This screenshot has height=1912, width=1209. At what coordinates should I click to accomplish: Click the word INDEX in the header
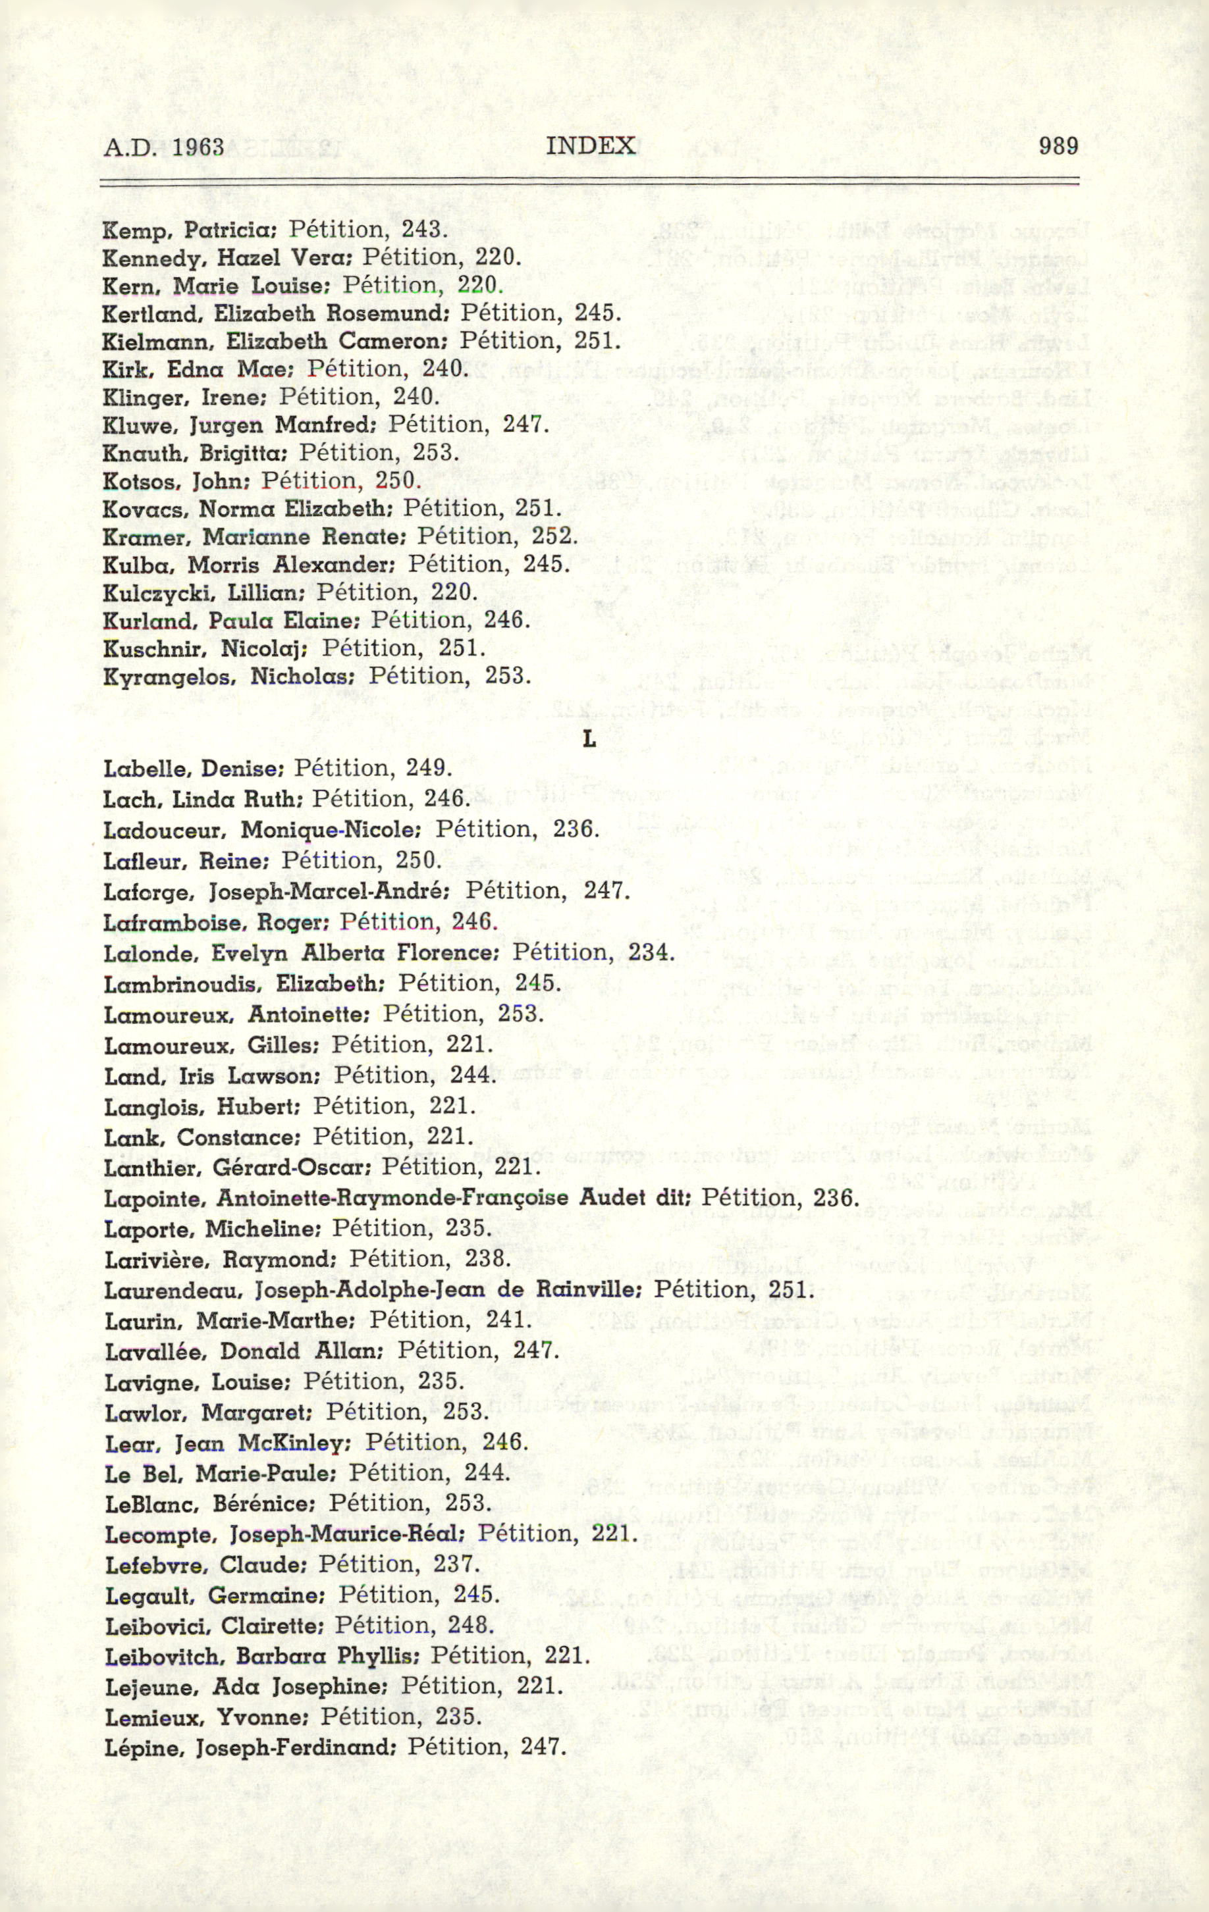click(x=591, y=146)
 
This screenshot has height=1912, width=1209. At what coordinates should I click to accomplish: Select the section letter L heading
click(x=589, y=740)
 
